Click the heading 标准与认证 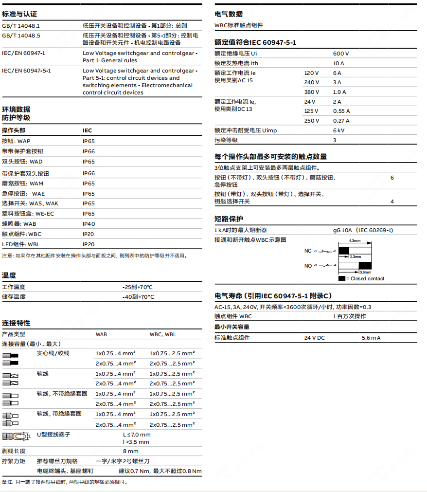19,14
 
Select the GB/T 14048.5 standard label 21,36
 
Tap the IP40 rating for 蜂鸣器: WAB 89,224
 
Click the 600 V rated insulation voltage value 341,54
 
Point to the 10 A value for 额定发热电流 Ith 338,63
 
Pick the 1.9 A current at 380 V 339,92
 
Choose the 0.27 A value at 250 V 341,121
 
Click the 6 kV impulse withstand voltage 338,130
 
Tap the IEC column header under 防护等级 87,130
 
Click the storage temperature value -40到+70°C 138,297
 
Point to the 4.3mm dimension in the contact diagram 355,241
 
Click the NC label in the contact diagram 308,251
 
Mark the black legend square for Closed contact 342,278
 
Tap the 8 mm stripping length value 130,451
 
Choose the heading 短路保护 229,219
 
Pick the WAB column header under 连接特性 101,334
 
